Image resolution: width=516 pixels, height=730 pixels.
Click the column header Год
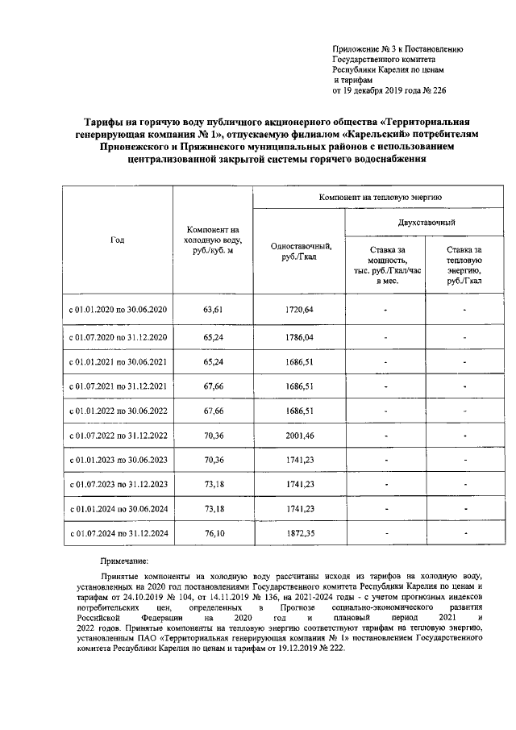(118, 240)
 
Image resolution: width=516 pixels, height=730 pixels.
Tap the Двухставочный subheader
(426, 222)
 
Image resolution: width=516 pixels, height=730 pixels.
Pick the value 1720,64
(298, 310)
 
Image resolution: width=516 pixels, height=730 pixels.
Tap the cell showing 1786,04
(298, 336)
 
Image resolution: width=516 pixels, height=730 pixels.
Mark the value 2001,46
(298, 436)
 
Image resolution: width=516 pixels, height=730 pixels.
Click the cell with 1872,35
(298, 536)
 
